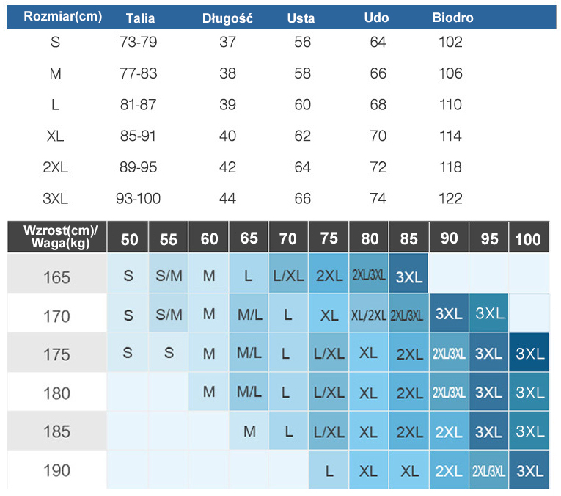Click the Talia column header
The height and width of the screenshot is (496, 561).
[139, 18]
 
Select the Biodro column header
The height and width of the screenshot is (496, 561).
[452, 18]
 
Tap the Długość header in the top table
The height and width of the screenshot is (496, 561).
[227, 18]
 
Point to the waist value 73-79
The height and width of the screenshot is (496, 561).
[138, 43]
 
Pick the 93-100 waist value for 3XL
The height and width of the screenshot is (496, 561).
[138, 198]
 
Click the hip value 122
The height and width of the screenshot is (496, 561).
[450, 198]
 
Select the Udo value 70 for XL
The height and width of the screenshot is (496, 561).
[378, 136]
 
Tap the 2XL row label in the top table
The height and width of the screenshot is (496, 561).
[55, 167]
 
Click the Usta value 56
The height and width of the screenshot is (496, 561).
[303, 43]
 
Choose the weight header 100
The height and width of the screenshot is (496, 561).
[528, 239]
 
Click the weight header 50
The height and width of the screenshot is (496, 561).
[129, 239]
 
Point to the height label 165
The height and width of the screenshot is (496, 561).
[56, 277]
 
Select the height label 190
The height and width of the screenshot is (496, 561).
[56, 470]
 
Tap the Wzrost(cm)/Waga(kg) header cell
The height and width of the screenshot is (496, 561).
[55, 236]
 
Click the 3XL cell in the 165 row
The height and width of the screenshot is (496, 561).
[408, 277]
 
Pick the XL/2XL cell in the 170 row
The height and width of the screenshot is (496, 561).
[368, 316]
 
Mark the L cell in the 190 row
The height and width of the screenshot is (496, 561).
[329, 470]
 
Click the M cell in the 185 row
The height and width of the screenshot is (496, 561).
[249, 431]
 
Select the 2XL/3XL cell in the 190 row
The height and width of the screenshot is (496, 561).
[488, 470]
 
